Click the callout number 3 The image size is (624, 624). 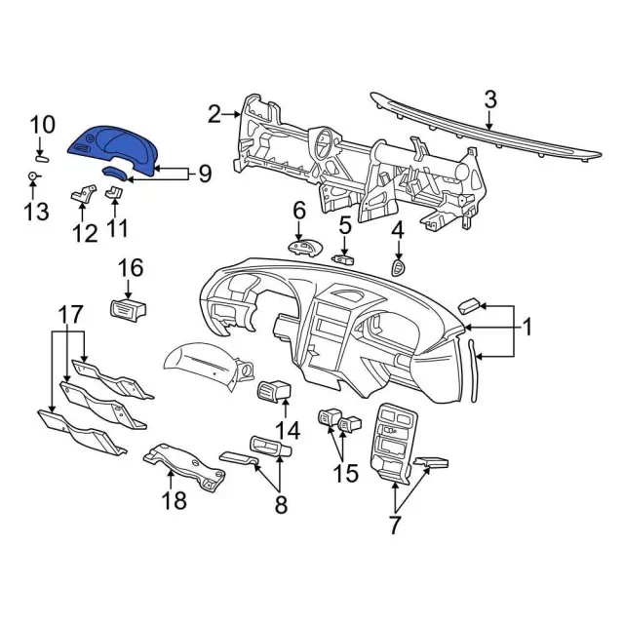pos(490,98)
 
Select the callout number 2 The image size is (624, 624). pos(214,115)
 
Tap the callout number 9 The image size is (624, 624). pos(204,175)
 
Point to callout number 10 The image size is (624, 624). pos(43,125)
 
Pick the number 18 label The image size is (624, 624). pos(174,503)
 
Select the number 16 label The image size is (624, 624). pos(131,268)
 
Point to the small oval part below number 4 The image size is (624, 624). pos(397,266)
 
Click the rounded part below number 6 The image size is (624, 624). pos(305,247)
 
